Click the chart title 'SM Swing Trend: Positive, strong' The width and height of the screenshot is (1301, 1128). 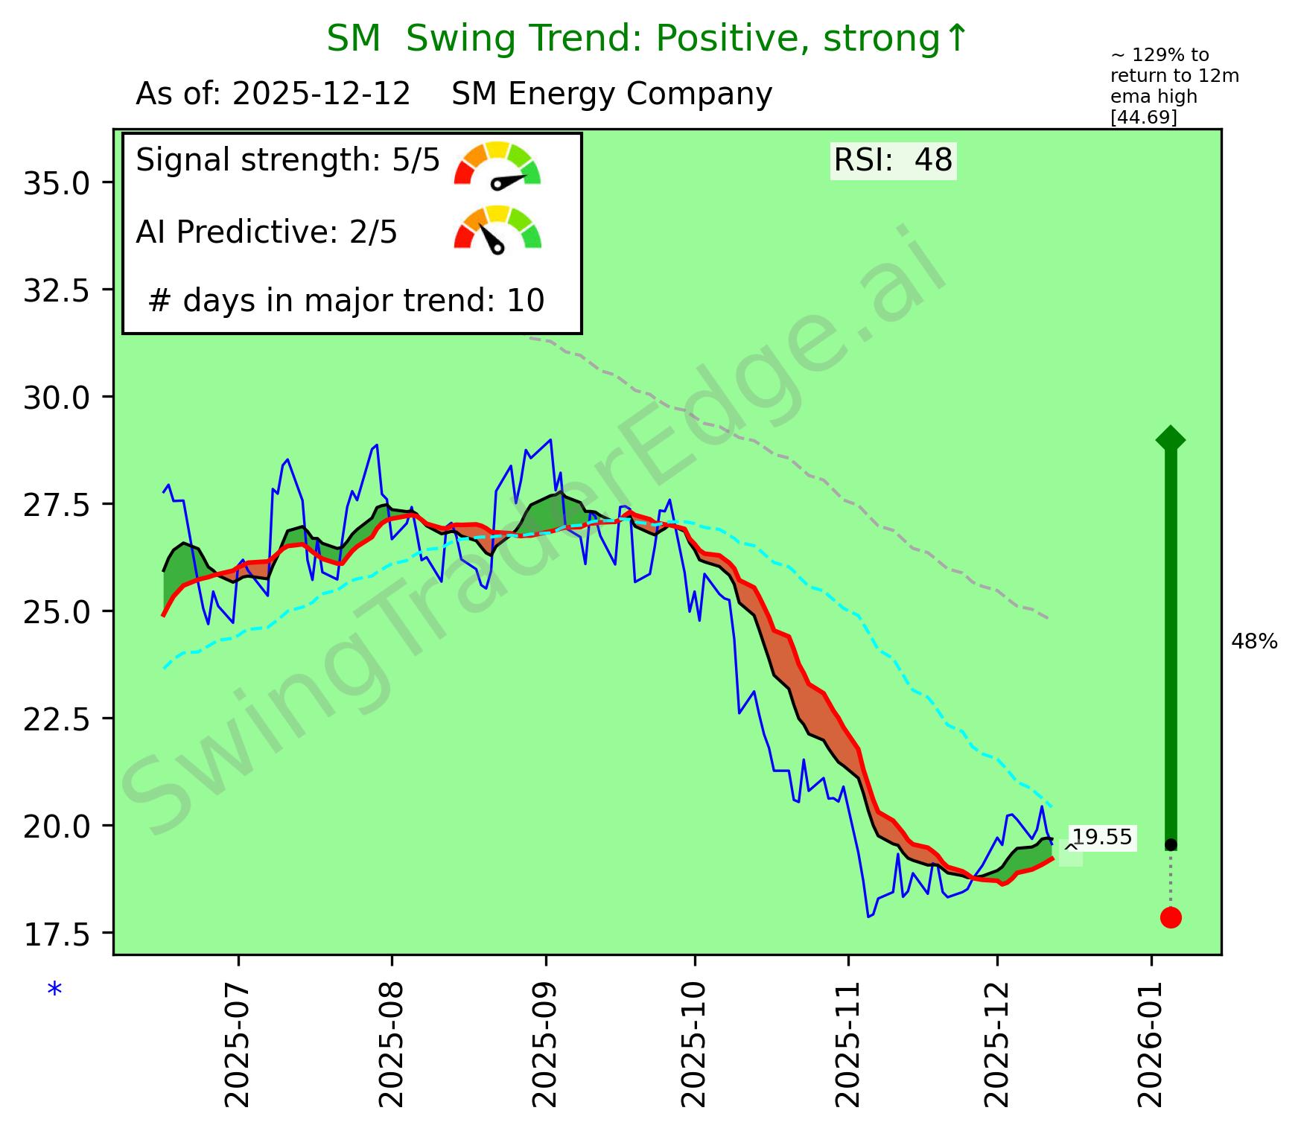pyautogui.click(x=647, y=39)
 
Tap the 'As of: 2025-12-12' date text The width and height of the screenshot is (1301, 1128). pyautogui.click(x=273, y=95)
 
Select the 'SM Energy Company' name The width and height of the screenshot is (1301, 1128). pyautogui.click(x=611, y=95)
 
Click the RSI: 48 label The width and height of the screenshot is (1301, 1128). pyautogui.click(x=893, y=160)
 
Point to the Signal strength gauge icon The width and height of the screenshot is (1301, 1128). pyautogui.click(x=497, y=165)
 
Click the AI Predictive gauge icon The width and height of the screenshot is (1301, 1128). pyautogui.click(x=497, y=229)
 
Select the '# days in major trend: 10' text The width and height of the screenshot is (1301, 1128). pyautogui.click(x=346, y=301)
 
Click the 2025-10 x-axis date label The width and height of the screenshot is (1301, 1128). pyautogui.click(x=695, y=1038)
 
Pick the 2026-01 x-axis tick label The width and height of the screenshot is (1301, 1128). pyautogui.click(x=1151, y=1038)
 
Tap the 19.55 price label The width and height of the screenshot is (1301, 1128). pyautogui.click(x=1102, y=838)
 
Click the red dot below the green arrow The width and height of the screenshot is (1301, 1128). pyautogui.click(x=1171, y=917)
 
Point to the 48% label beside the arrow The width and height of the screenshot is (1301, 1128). pyautogui.click(x=1254, y=642)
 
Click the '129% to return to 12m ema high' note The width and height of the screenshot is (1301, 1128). pyautogui.click(x=1174, y=86)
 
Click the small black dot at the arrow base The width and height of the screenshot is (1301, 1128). pyautogui.click(x=1171, y=844)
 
